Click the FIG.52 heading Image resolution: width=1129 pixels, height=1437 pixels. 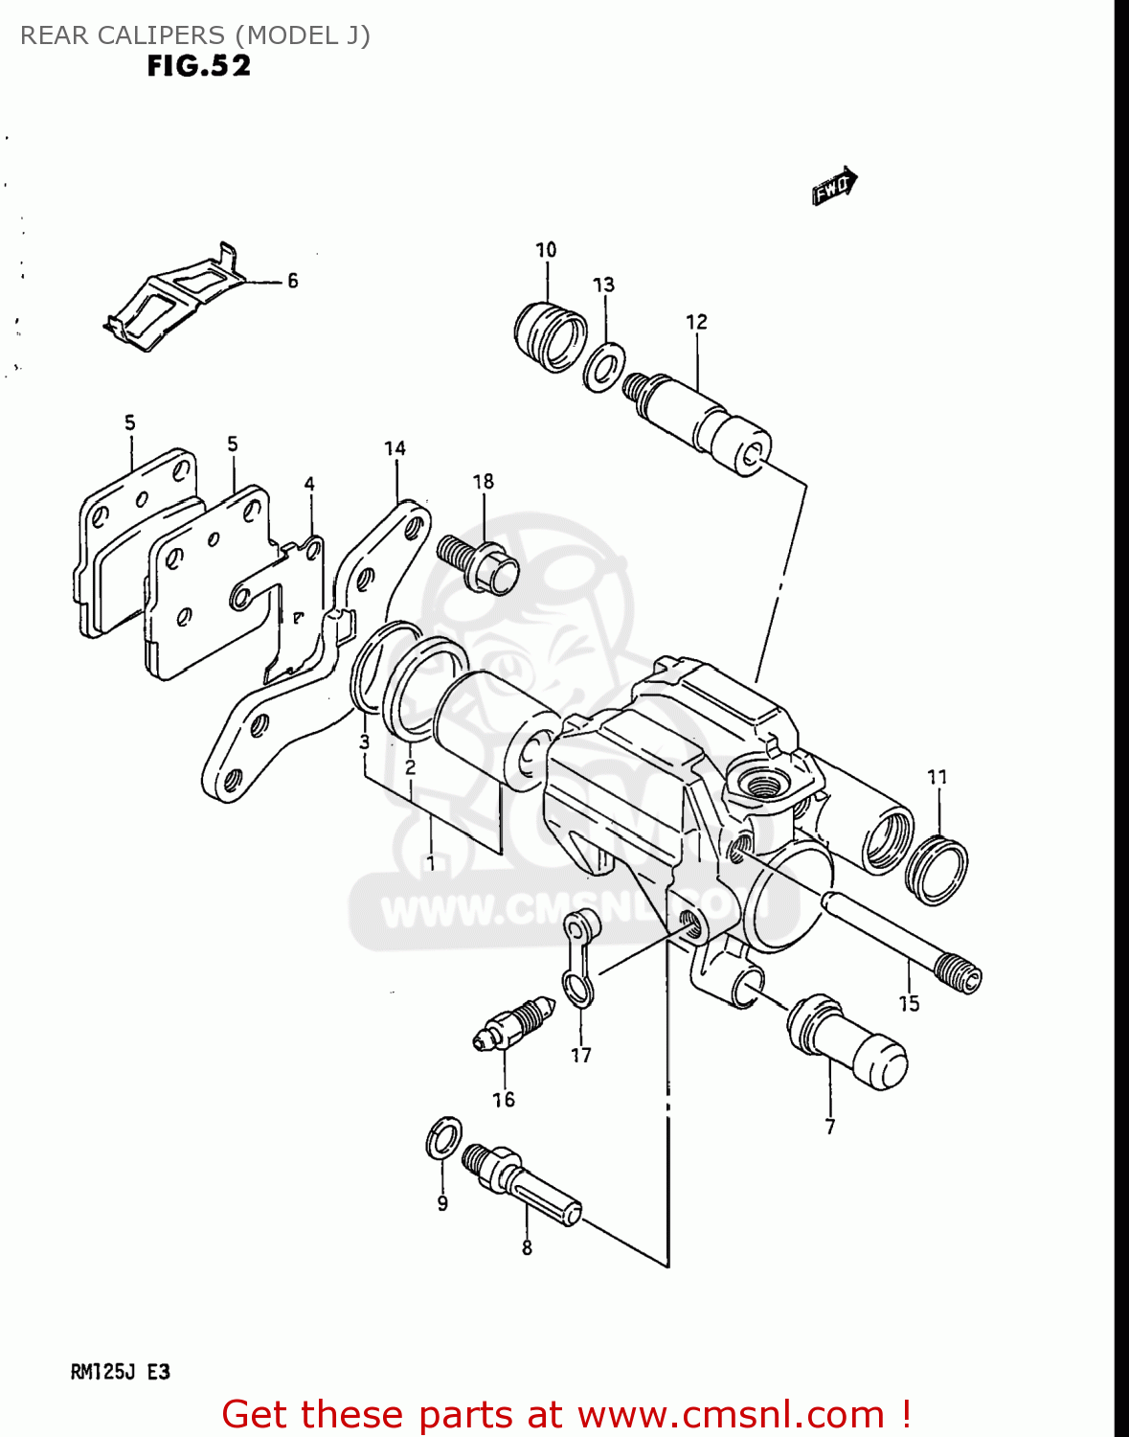click(x=199, y=66)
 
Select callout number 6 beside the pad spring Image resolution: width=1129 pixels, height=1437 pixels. click(x=293, y=281)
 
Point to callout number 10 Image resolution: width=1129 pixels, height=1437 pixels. click(x=546, y=250)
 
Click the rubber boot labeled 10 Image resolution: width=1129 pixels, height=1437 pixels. click(x=550, y=336)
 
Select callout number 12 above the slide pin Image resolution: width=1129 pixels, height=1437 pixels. click(x=696, y=323)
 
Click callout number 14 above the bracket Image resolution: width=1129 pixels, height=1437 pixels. click(x=395, y=448)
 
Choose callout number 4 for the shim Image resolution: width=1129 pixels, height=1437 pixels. click(x=309, y=485)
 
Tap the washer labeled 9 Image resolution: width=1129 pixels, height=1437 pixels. click(x=442, y=1137)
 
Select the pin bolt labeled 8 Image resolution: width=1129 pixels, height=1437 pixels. click(x=522, y=1185)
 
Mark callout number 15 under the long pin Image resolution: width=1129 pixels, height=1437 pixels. click(x=909, y=1003)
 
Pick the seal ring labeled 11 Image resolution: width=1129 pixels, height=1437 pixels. click(x=937, y=870)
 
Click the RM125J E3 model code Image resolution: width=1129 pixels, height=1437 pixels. click(x=121, y=1372)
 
